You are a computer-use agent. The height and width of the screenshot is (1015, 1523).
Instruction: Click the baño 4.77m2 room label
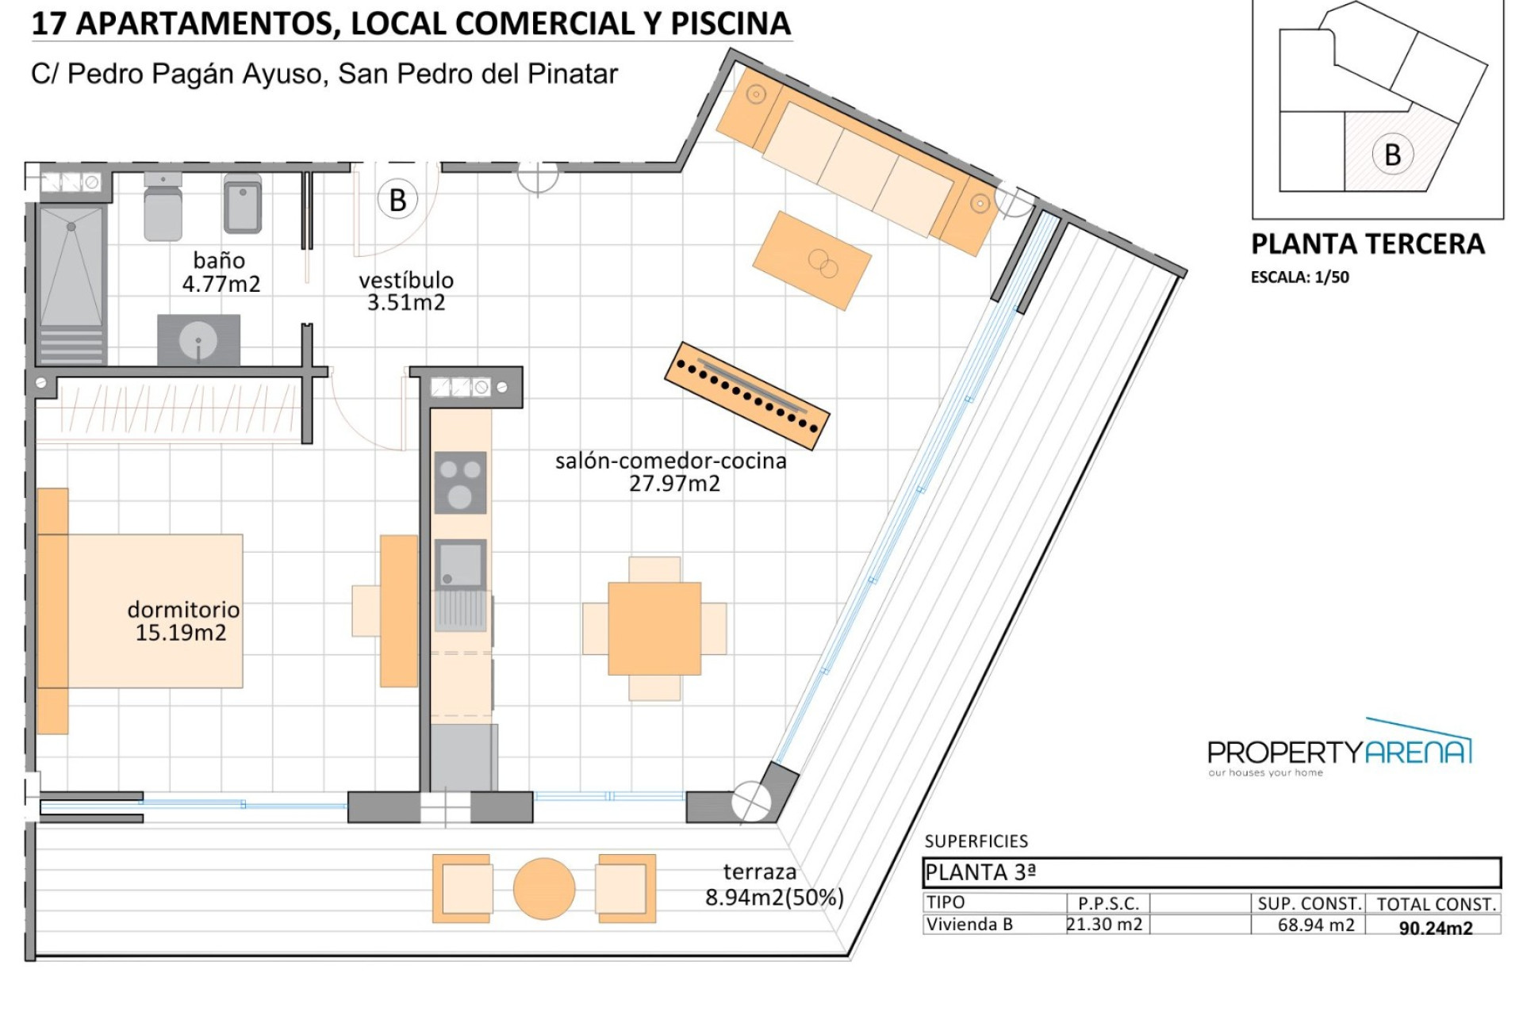221,272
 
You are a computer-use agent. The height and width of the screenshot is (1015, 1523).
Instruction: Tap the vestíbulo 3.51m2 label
406,291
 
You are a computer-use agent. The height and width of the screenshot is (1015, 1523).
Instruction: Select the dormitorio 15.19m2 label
183,621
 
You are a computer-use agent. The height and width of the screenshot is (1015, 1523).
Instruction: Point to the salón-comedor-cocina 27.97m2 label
671,472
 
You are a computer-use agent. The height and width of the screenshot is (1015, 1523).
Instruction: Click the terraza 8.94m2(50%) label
774,885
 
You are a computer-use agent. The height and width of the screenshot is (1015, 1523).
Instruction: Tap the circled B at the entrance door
397,201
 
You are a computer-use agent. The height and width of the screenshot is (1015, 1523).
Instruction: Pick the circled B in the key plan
1393,155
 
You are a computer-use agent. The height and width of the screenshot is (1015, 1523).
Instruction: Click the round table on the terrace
544,889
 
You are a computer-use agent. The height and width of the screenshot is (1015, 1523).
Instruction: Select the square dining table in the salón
654,629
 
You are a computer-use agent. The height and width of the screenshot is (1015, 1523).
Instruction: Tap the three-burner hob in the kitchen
460,483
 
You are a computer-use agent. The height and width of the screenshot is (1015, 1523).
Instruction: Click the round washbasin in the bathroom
198,342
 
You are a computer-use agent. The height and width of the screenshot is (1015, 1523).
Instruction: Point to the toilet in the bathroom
163,206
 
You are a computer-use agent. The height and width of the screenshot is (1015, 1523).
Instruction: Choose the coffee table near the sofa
812,260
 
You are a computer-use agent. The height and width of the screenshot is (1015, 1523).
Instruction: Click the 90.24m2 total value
1436,928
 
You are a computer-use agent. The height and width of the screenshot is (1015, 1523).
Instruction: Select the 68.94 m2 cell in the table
1316,925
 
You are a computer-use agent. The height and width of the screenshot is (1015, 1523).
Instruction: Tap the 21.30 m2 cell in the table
1105,924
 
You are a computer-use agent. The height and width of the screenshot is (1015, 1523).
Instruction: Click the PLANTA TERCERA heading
1368,244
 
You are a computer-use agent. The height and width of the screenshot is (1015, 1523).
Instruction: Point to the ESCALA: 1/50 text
1300,278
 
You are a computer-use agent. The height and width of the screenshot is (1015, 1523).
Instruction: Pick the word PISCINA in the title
731,24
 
